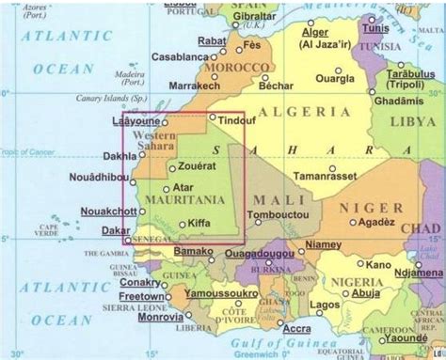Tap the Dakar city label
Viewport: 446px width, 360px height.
(117, 230)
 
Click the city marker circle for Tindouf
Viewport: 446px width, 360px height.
(212, 118)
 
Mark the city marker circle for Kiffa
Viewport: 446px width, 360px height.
(183, 225)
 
